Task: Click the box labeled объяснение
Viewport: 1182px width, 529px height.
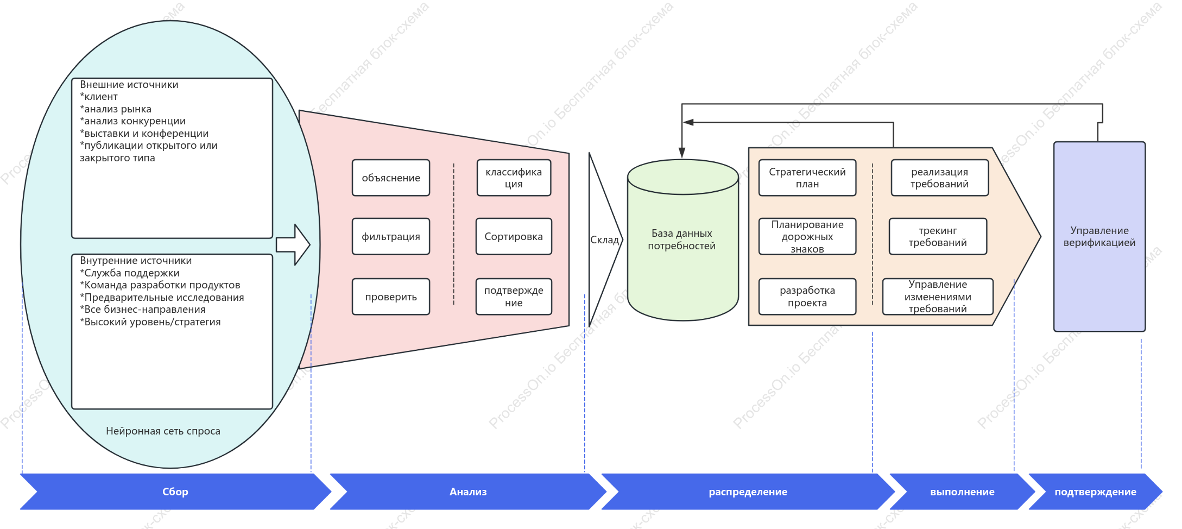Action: (391, 178)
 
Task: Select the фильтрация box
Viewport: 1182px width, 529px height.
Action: (391, 236)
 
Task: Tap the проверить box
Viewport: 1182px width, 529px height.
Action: (391, 297)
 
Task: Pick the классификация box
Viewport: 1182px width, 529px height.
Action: (514, 178)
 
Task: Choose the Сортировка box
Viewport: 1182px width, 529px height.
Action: (514, 236)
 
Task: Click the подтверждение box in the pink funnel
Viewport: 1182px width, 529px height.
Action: (514, 297)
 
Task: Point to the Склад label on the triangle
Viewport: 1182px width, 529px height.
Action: (604, 240)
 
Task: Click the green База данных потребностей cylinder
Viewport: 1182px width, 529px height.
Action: (682, 240)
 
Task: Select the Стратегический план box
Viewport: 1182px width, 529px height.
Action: (807, 178)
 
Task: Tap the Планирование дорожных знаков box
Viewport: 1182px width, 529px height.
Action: (807, 236)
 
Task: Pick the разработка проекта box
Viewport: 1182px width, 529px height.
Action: (807, 297)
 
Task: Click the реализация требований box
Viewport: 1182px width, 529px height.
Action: (939, 178)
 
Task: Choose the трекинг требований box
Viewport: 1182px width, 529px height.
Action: (938, 236)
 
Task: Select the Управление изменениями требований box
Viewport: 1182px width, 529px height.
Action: (938, 297)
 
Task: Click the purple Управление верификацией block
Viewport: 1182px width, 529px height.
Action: (1099, 237)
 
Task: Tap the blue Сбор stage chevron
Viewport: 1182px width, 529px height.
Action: (175, 492)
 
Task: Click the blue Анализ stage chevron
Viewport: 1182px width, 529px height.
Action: (468, 492)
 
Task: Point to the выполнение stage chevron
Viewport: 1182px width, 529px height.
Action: (962, 492)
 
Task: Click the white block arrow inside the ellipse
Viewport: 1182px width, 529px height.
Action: (293, 245)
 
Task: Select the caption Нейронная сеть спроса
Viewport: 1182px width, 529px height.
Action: (163, 431)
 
